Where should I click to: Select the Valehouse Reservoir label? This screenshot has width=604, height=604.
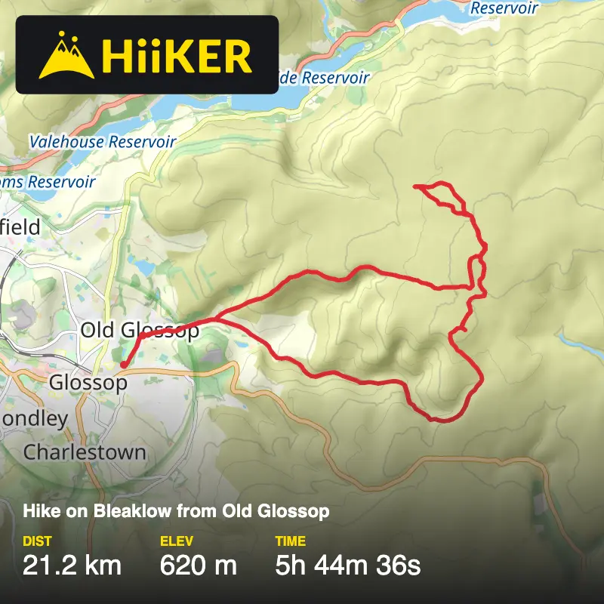[103, 142]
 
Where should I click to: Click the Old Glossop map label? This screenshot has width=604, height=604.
[140, 331]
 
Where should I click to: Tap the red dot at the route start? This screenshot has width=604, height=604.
[123, 365]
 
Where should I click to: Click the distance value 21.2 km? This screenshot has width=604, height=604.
[72, 564]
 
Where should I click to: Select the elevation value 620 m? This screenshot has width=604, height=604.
[199, 564]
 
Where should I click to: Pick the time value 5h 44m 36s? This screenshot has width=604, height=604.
[348, 564]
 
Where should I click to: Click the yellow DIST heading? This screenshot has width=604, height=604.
[38, 541]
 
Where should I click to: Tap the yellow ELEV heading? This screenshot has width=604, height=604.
[177, 541]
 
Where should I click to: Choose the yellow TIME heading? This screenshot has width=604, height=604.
[291, 541]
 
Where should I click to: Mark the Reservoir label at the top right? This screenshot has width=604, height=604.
[504, 8]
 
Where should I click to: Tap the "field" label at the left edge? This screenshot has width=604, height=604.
[21, 226]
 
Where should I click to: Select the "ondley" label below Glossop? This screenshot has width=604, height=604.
[35, 418]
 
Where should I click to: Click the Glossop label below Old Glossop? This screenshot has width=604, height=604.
[88, 383]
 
